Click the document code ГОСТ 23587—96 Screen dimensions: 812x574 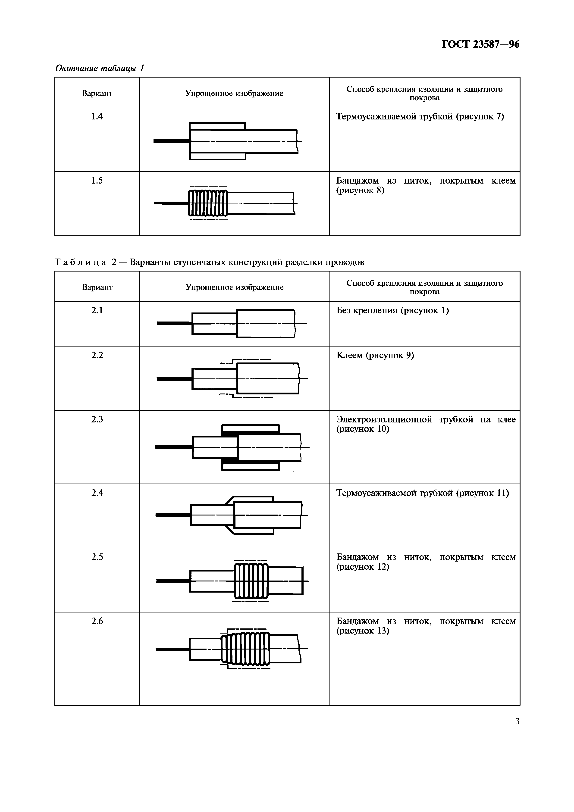point(480,45)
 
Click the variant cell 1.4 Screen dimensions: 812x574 point(97,116)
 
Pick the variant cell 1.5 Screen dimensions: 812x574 point(97,181)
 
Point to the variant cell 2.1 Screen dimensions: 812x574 point(97,310)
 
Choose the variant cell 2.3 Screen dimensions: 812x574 point(97,419)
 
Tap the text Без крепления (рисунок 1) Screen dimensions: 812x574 point(392,310)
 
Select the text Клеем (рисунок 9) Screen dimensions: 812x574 point(375,355)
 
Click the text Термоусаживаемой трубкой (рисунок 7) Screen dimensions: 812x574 point(420,116)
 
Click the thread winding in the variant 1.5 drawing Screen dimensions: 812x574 point(208,203)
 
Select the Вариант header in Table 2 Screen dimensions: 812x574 point(97,287)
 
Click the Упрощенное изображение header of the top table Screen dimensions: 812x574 point(234,93)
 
